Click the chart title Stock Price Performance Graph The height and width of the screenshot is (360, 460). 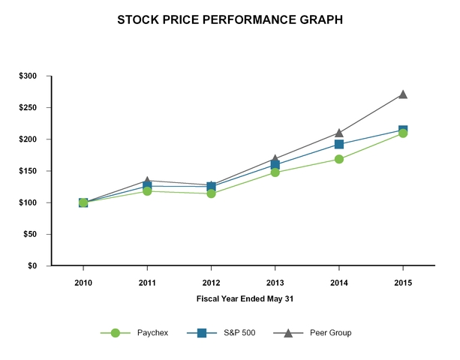pyautogui.click(x=230, y=20)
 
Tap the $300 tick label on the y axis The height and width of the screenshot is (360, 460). pyautogui.click(x=29, y=76)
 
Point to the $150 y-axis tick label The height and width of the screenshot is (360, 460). pyautogui.click(x=29, y=171)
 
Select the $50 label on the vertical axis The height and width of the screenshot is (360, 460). pyautogui.click(x=31, y=234)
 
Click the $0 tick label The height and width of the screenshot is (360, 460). pyautogui.click(x=33, y=265)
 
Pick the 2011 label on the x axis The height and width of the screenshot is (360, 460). pyautogui.click(x=147, y=283)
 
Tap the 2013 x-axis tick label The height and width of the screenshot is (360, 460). pyautogui.click(x=275, y=283)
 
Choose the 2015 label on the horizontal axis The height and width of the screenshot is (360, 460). pyautogui.click(x=403, y=283)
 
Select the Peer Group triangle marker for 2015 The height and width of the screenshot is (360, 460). pyautogui.click(x=403, y=94)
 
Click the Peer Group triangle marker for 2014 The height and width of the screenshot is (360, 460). pyautogui.click(x=339, y=133)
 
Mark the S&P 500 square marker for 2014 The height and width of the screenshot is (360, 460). pyautogui.click(x=339, y=144)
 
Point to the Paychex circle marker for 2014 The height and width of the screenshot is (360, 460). pyautogui.click(x=339, y=159)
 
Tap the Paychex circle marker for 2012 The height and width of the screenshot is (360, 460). pyautogui.click(x=211, y=193)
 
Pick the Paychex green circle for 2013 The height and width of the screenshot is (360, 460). pyautogui.click(x=275, y=172)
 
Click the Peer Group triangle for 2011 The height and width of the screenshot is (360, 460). pyautogui.click(x=147, y=181)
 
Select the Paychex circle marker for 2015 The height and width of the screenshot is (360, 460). pyautogui.click(x=403, y=133)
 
